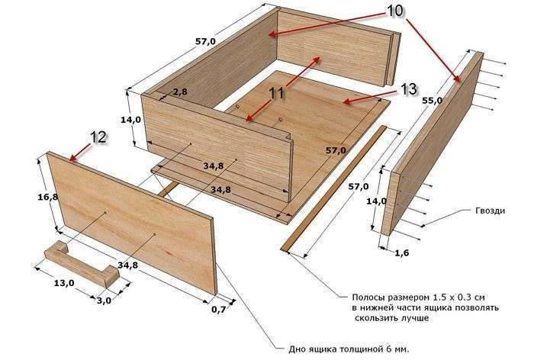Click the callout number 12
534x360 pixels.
pyautogui.click(x=98, y=137)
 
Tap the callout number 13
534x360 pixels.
pyautogui.click(x=408, y=89)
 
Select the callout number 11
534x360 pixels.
pyautogui.click(x=276, y=93)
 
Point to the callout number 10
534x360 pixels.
pyautogui.click(x=394, y=11)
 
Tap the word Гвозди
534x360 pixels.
pyautogui.click(x=491, y=211)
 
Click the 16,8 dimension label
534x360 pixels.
pyautogui.click(x=47, y=197)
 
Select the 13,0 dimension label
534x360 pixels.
pyautogui.click(x=64, y=283)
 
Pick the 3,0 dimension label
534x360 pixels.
pyautogui.click(x=105, y=301)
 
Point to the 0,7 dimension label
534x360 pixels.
pyautogui.click(x=219, y=310)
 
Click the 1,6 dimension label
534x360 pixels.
pyautogui.click(x=402, y=252)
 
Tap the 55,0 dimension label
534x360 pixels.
pyautogui.click(x=433, y=101)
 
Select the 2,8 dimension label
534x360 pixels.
pyautogui.click(x=180, y=92)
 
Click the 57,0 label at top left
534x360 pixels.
pyautogui.click(x=205, y=41)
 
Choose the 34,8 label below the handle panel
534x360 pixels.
pyautogui.click(x=128, y=265)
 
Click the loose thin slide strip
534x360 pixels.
pyautogui.click(x=334, y=188)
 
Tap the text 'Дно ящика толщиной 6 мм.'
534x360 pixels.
pyautogui.click(x=349, y=349)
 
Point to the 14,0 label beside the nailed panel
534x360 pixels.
pyautogui.click(x=377, y=201)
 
